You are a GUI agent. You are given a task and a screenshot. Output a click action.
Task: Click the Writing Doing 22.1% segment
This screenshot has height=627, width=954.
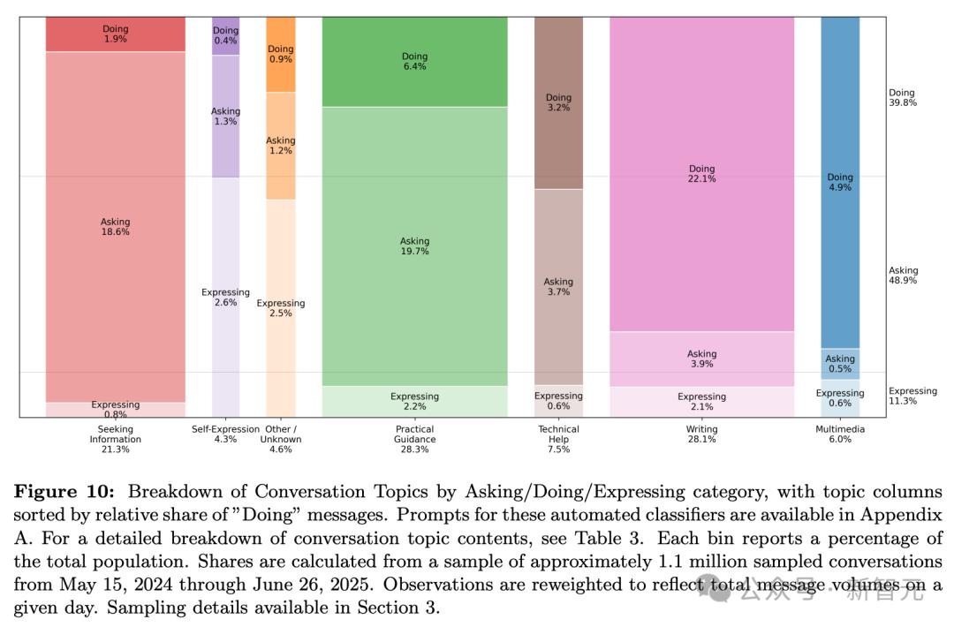[701, 174]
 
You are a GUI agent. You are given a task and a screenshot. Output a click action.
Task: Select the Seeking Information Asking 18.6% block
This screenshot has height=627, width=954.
[115, 227]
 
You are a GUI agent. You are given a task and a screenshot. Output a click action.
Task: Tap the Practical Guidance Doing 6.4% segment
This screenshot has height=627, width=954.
[414, 62]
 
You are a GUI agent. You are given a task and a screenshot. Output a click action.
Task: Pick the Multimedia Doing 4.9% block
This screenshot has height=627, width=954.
[840, 183]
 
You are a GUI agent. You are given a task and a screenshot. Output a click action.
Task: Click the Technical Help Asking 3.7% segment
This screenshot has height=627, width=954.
[558, 287]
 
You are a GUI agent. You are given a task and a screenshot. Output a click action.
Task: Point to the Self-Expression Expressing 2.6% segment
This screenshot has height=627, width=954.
[225, 297]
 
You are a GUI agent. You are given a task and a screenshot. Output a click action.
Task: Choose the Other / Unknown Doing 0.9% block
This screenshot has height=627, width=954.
[280, 55]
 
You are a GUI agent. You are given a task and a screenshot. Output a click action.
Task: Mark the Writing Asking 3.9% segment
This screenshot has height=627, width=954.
[701, 359]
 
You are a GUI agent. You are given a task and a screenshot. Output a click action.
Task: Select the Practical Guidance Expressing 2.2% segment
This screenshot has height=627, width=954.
[414, 402]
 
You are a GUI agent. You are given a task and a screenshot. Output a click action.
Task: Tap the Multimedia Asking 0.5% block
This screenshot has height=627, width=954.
[840, 363]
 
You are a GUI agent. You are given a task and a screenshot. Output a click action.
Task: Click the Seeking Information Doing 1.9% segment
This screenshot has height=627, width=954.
[115, 34]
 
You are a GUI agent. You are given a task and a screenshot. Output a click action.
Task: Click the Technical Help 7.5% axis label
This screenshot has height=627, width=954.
[558, 439]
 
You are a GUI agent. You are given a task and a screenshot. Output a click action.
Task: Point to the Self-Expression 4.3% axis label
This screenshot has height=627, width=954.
[225, 434]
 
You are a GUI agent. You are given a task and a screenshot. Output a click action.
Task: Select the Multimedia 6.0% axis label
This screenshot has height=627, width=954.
[840, 434]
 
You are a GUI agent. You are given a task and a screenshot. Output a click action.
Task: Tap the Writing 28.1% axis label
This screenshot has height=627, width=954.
[701, 434]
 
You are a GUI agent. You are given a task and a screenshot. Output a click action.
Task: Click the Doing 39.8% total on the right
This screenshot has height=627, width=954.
[902, 97]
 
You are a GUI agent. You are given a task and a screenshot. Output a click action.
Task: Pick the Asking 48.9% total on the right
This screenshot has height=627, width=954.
[903, 276]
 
